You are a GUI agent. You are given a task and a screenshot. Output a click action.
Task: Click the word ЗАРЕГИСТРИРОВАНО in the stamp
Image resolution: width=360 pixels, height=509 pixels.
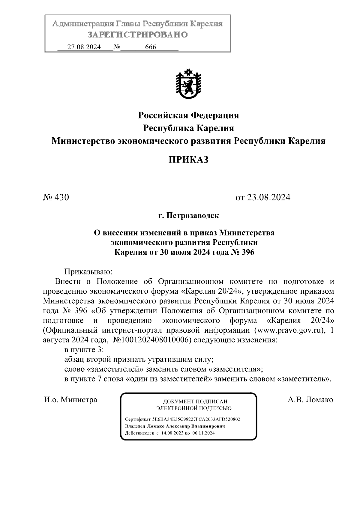(x=137, y=35)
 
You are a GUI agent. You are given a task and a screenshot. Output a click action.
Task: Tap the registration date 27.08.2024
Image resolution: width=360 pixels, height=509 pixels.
(x=84, y=47)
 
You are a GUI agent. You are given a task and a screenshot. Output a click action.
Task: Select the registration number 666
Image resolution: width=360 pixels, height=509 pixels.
(x=150, y=47)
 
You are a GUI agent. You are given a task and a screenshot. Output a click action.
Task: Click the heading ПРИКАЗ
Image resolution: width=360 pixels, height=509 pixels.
(x=188, y=160)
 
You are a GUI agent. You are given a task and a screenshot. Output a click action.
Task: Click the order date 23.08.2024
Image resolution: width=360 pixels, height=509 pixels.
(x=268, y=197)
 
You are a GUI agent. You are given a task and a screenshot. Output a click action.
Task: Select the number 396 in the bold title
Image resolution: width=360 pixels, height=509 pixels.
(x=247, y=252)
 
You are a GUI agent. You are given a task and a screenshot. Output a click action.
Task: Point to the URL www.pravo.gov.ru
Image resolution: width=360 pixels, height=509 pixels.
(x=289, y=331)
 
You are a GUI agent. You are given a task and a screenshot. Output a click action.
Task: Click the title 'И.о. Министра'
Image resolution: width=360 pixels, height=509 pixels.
(x=70, y=400)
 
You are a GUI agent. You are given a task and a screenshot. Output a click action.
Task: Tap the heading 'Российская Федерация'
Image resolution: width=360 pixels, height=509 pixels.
(x=188, y=115)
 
